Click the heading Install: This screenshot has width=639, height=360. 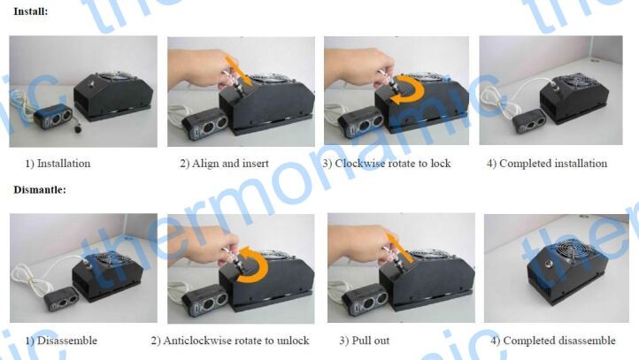(x=31, y=11)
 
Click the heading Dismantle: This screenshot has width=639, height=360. (x=40, y=190)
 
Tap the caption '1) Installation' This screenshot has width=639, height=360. (x=58, y=164)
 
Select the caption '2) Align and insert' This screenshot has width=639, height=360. (x=224, y=164)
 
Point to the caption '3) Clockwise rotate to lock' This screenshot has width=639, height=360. (x=387, y=164)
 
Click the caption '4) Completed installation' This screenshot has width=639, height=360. (x=547, y=164)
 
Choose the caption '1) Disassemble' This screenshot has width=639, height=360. (x=61, y=341)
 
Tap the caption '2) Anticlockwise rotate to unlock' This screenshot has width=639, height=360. (x=230, y=341)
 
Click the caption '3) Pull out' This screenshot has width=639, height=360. (x=365, y=341)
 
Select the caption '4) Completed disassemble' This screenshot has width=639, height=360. (x=553, y=341)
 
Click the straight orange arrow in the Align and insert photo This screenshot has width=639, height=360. (x=239, y=71)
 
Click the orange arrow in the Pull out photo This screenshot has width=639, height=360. (x=398, y=248)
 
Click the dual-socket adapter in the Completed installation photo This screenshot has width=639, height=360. (x=528, y=121)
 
